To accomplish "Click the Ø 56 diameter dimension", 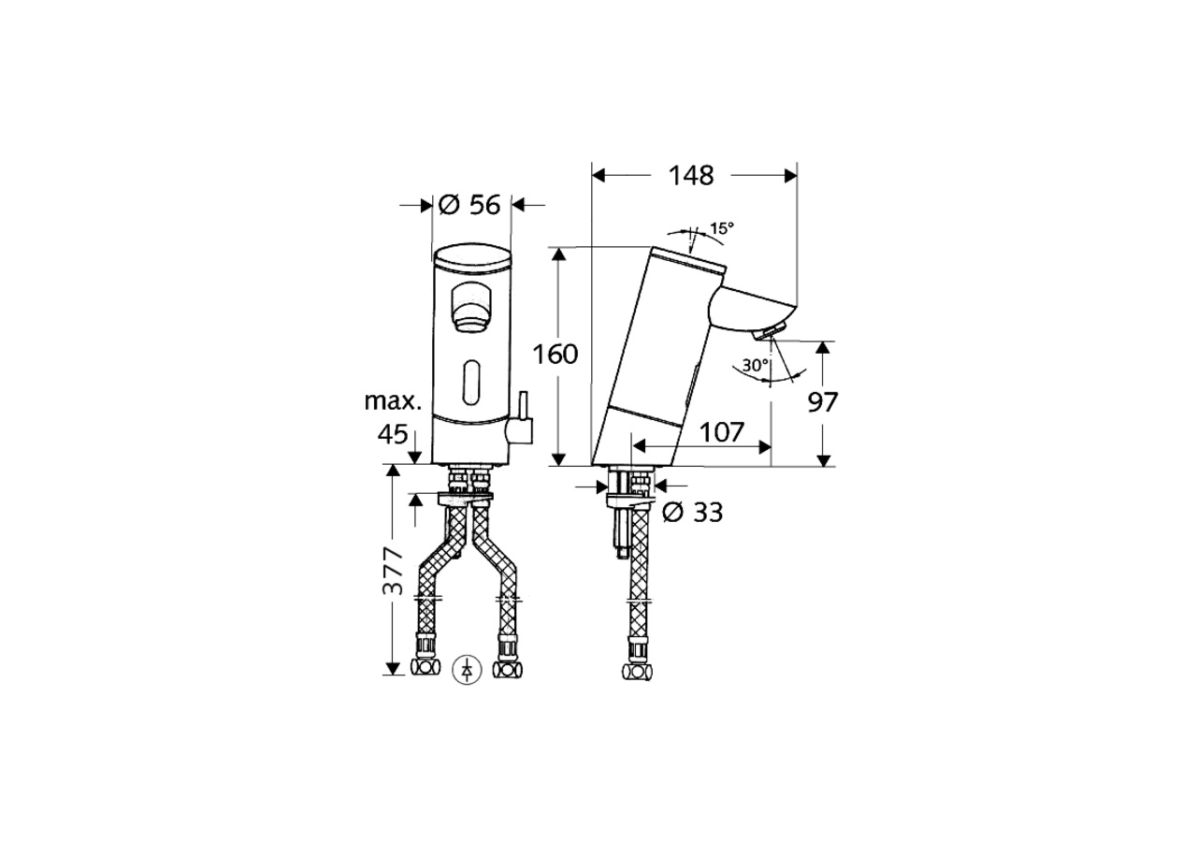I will [x=470, y=205].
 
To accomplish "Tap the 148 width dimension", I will [x=693, y=175].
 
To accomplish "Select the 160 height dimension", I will [x=555, y=355].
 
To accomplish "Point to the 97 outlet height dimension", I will [x=823, y=402].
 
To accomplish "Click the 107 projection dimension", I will [x=722, y=432].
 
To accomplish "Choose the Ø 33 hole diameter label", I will [x=692, y=513].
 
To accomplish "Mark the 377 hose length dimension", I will [x=394, y=571].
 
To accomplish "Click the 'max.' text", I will [x=393, y=401].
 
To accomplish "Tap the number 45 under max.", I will [x=394, y=434].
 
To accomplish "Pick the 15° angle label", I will [x=721, y=227].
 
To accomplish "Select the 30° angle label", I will [x=756, y=366].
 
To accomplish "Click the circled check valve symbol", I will [x=467, y=669].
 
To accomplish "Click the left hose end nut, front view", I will [x=426, y=667].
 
